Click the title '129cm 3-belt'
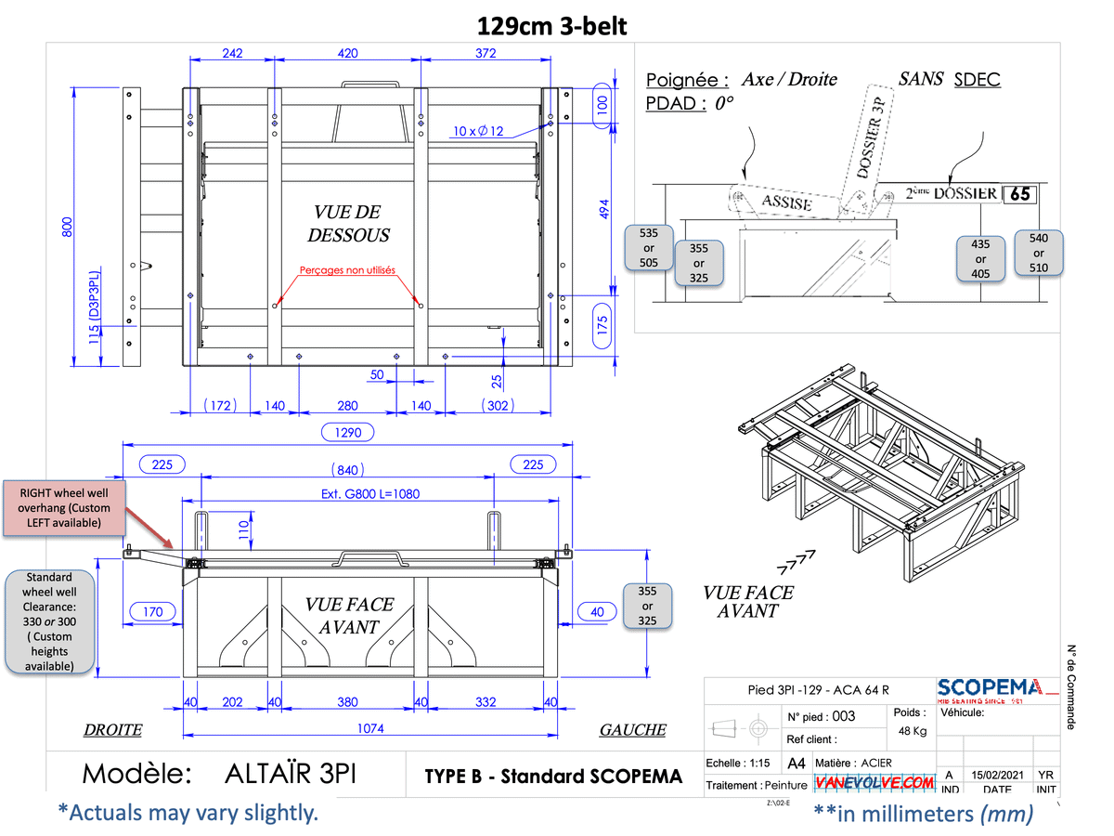click(x=552, y=26)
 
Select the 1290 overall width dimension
click(x=348, y=432)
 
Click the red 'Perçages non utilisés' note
click(x=347, y=270)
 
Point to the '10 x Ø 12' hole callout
click(x=479, y=131)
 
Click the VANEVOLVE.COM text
click(x=875, y=783)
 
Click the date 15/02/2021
click(x=997, y=775)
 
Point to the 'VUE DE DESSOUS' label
click(x=348, y=224)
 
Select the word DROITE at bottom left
click(x=113, y=730)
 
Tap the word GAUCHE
click(x=632, y=730)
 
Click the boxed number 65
click(x=1019, y=194)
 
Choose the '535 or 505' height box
click(x=649, y=248)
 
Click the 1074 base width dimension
click(x=370, y=729)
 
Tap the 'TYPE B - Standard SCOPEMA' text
click(x=553, y=777)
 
